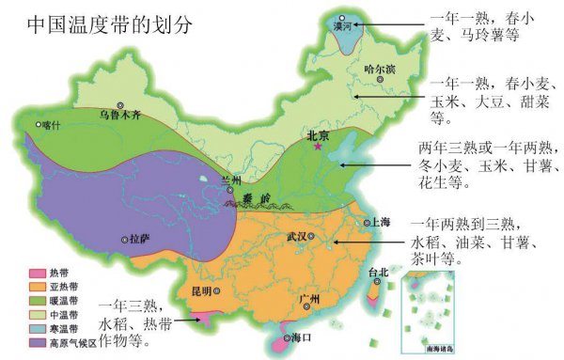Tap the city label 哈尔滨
[379, 70]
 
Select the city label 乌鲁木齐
[120, 117]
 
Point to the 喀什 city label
[50, 125]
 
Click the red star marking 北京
[318, 147]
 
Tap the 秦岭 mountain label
[258, 199]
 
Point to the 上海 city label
[380, 223]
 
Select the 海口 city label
[302, 337]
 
